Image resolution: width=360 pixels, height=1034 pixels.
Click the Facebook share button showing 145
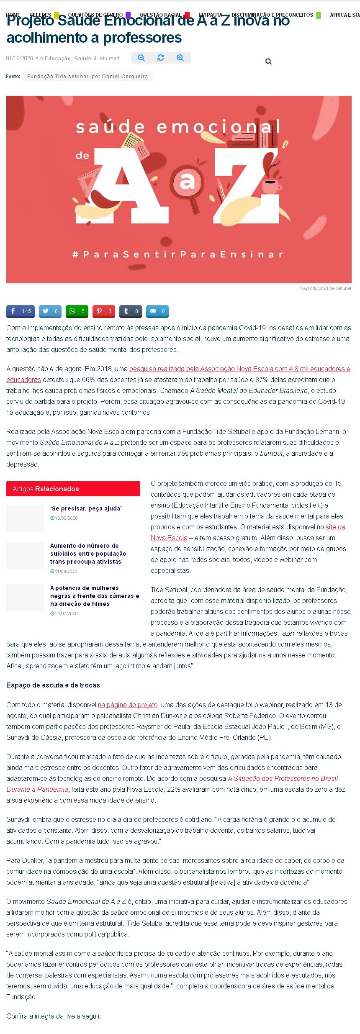(x=21, y=311)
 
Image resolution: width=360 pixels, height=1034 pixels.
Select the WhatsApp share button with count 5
(x=77, y=311)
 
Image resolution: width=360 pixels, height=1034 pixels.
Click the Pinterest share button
(x=104, y=311)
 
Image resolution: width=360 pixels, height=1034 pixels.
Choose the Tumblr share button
(x=131, y=311)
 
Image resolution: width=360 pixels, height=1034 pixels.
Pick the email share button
(x=157, y=311)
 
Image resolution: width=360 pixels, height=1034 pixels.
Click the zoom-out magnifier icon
(x=141, y=58)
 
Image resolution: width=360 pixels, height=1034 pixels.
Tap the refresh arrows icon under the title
(x=161, y=58)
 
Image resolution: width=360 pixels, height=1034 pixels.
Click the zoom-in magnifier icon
(x=180, y=58)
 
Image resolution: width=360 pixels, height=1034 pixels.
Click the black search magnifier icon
(x=269, y=62)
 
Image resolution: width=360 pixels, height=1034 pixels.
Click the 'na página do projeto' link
(x=128, y=705)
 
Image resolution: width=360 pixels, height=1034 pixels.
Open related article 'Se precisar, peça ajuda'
(x=86, y=508)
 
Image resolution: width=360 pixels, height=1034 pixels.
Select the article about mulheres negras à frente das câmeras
(x=94, y=596)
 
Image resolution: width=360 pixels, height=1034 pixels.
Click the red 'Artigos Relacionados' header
(x=73, y=489)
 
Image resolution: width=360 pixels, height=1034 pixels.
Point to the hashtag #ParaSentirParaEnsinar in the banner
(x=178, y=254)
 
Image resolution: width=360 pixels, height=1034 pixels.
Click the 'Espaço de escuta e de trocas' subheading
(x=53, y=685)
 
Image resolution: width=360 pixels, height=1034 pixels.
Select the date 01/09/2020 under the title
(x=19, y=59)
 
